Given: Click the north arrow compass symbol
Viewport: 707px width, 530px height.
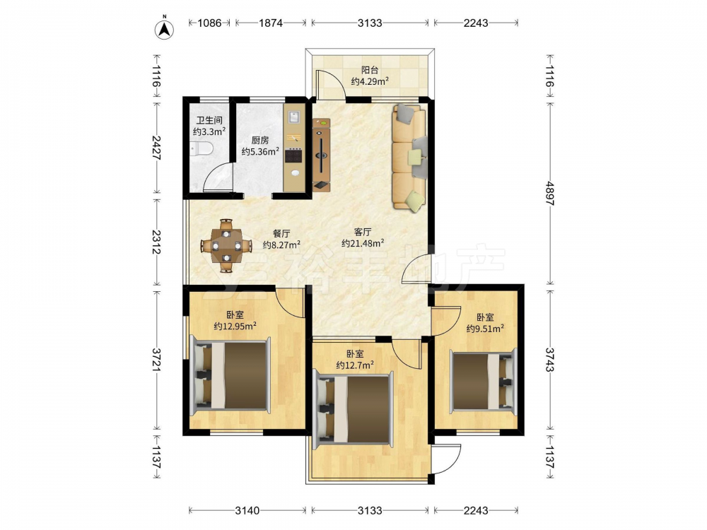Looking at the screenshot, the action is click(165, 28).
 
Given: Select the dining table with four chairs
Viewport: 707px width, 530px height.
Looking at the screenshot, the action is click(226, 246).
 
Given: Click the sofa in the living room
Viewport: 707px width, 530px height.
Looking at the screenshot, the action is click(409, 157).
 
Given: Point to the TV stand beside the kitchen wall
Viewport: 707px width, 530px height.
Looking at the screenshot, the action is click(321, 155).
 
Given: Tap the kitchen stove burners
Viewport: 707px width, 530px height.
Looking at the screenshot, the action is click(294, 155).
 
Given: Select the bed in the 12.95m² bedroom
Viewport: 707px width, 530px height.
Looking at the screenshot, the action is click(230, 375).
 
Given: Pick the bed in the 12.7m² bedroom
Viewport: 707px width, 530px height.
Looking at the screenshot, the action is click(353, 408).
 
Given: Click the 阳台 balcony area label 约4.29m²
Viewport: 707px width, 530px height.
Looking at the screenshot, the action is click(370, 81).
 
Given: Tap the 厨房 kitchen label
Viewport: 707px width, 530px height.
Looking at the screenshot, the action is click(260, 140).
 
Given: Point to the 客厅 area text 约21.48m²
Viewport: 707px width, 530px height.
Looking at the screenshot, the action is click(363, 243).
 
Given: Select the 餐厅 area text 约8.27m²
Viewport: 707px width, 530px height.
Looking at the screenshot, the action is click(282, 245).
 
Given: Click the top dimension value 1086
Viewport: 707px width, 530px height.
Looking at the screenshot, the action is click(210, 23).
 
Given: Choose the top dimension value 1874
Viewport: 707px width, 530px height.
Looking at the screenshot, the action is click(271, 23).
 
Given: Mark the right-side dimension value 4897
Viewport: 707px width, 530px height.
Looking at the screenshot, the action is click(549, 194).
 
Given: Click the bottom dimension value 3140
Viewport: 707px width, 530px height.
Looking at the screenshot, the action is click(247, 510).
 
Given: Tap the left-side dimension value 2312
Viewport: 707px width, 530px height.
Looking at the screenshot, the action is click(156, 242).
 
